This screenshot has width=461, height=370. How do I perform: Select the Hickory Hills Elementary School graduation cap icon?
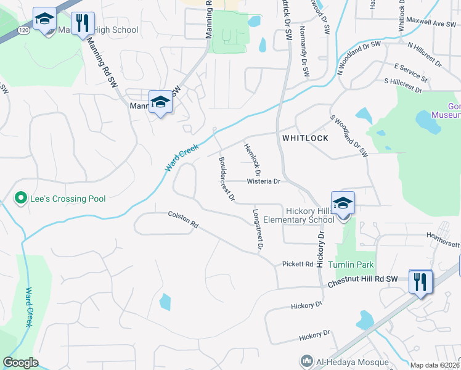343,203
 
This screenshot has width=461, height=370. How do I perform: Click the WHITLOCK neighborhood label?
305,138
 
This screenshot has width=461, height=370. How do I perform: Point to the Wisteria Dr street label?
263,181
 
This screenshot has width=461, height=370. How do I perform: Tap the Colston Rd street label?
183,220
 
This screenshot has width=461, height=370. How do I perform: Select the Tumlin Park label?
351,265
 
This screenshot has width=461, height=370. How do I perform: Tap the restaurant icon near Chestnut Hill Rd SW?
420,282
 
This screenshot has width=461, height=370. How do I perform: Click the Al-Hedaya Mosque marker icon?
306,361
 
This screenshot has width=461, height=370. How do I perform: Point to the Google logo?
20,363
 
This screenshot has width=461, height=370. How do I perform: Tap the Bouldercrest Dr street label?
226,179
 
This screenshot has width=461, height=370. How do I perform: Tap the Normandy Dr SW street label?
304,52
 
